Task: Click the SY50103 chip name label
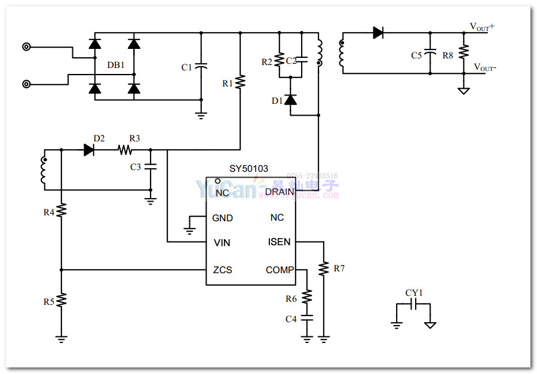tap(249, 169)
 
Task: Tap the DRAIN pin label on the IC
tap(280, 192)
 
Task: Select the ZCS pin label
tap(222, 270)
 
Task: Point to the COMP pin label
tap(280, 270)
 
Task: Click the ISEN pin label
tap(279, 242)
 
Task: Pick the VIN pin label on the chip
tap(222, 243)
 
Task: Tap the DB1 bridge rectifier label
tap(115, 65)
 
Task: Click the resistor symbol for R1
tap(240, 82)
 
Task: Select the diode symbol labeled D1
tap(291, 100)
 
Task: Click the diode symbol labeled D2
tap(90, 150)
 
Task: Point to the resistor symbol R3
tap(124, 150)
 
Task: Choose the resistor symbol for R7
tap(324, 268)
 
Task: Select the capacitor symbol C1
tap(201, 66)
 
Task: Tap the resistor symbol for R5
tap(62, 301)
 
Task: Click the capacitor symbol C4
tap(307, 319)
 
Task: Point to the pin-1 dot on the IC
tap(218, 181)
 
